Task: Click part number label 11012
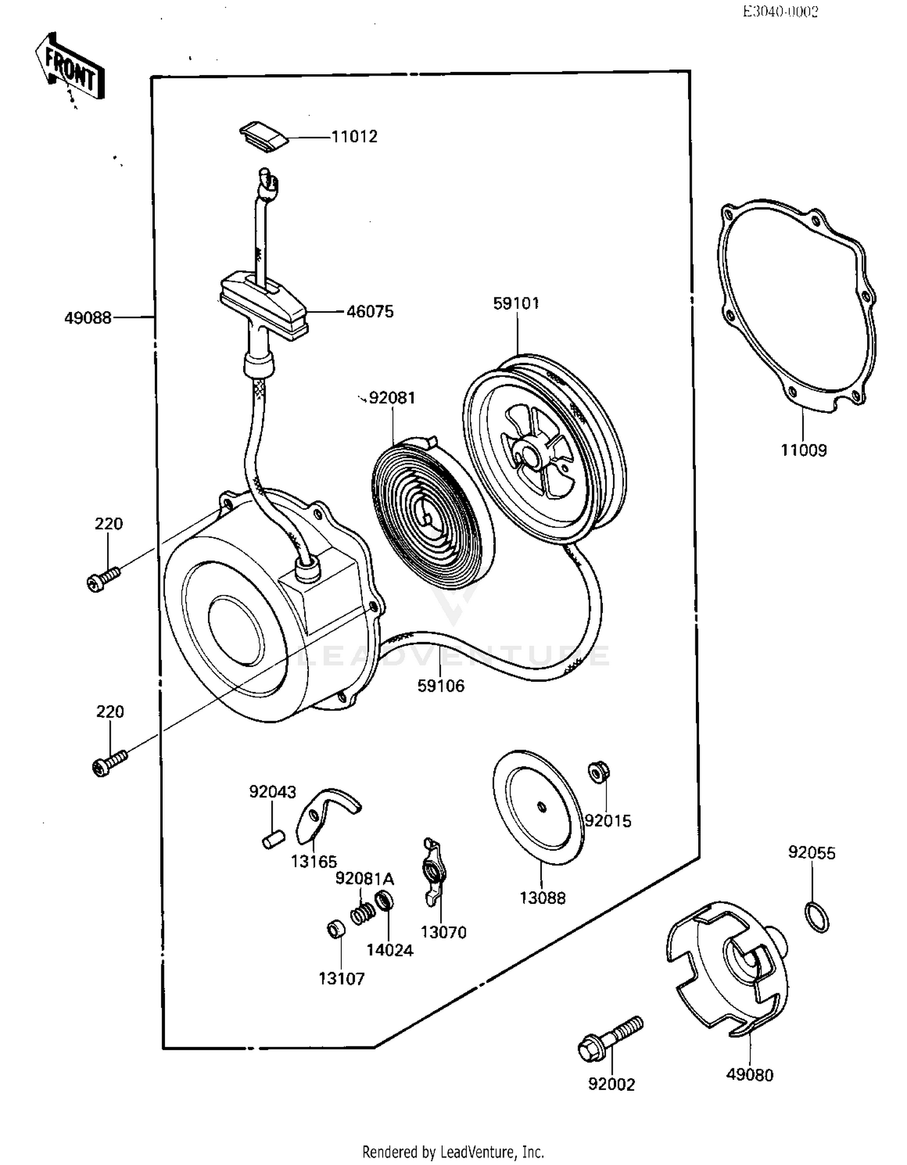point(354,137)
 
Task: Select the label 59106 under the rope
point(441,686)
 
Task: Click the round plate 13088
point(539,807)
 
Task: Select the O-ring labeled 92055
point(817,917)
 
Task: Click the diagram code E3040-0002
point(780,12)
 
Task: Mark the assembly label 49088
point(88,317)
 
